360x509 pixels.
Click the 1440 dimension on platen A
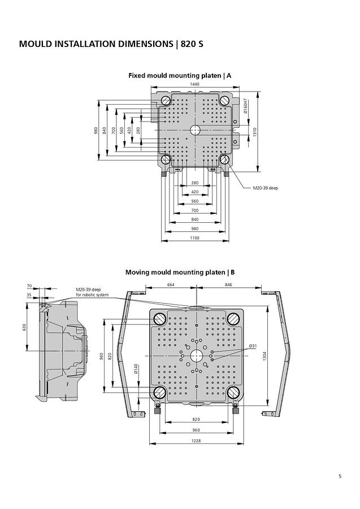[x=195, y=84]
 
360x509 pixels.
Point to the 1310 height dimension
[x=255, y=132]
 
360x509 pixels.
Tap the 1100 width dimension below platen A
[x=195, y=238]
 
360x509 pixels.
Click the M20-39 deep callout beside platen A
[x=265, y=188]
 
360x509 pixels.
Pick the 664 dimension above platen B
[x=171, y=284]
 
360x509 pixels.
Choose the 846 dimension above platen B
[x=228, y=284]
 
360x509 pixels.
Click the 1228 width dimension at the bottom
[x=195, y=441]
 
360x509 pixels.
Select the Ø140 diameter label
[x=136, y=369]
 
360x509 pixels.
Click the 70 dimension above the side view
[x=29, y=287]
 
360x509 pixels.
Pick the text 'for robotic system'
[x=93, y=295]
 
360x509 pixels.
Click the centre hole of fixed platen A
[x=195, y=130]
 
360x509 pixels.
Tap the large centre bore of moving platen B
[x=196, y=355]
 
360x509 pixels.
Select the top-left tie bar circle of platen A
[x=166, y=101]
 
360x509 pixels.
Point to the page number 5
[x=340, y=476]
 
